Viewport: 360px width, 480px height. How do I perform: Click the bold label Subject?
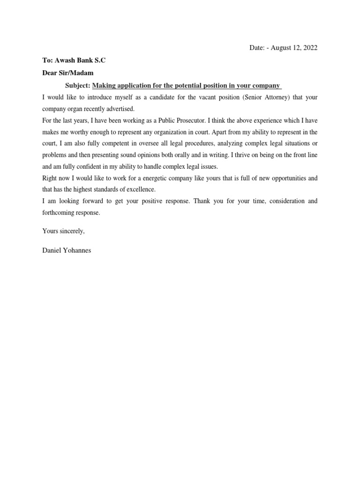click(x=77, y=85)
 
